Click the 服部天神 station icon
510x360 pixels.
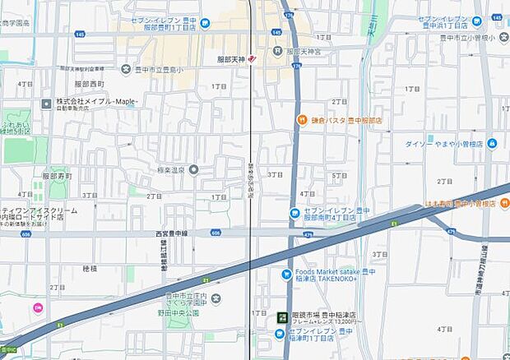pos(252,59)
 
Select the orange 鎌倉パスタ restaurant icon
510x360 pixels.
pos(303,120)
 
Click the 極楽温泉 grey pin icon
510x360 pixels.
pos(193,169)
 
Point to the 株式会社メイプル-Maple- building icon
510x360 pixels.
pos(47,103)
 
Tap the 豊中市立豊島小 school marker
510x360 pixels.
pos(126,68)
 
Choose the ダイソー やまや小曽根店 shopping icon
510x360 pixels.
pos(492,143)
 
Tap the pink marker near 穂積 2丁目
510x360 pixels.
pos(36,308)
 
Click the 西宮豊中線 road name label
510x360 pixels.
pos(173,233)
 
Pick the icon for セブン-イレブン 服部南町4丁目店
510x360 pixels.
pos(294,214)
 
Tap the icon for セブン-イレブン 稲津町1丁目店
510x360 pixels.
pos(280,335)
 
